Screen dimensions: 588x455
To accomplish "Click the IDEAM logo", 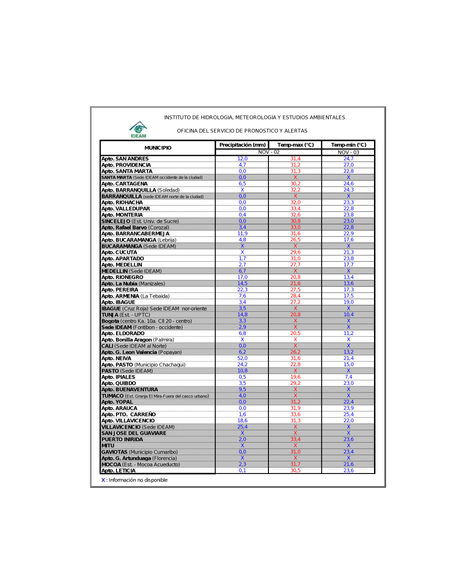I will point(138,130).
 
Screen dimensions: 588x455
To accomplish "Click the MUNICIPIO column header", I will point(158,148).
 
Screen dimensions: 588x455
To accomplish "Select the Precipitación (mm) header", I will point(243,145).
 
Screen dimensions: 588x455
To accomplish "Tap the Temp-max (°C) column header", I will point(295,145).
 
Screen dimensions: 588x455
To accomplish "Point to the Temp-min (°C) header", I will point(349,145).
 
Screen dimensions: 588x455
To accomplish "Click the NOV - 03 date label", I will point(349,152).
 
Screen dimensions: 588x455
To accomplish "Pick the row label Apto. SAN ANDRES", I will point(125,159).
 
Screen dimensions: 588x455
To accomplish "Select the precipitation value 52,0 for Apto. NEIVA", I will point(243,359).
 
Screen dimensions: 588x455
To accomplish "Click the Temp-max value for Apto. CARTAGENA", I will point(295,184).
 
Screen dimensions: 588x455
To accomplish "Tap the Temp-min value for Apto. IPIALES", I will point(349,377).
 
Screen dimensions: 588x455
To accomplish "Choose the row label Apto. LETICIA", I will point(118,471).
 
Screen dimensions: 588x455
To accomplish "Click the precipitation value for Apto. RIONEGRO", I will point(243,277).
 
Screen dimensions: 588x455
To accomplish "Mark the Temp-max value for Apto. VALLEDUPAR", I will point(295,209).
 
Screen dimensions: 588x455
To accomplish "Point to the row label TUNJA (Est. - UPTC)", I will point(126,315).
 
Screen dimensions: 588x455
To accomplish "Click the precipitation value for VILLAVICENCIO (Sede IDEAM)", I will point(243,427).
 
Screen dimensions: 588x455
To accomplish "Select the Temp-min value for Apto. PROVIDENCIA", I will point(349,165).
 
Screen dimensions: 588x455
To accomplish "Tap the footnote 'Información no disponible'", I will point(138,480).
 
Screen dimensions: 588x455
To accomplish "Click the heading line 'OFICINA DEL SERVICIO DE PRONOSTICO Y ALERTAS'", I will point(242,131).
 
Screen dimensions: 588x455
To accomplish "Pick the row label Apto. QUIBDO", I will point(119,384).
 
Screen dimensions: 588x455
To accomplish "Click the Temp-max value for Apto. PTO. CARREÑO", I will point(295,414).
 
